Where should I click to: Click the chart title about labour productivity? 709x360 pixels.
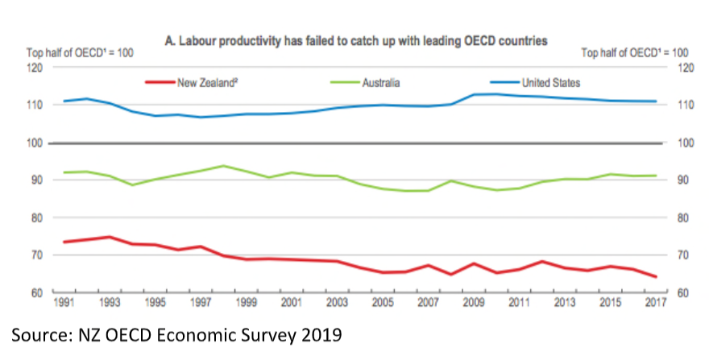(354, 39)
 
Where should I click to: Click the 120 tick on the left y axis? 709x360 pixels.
(34, 68)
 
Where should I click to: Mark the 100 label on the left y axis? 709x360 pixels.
(34, 143)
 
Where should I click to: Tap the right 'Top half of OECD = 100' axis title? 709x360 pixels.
(636, 52)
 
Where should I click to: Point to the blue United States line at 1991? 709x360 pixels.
(63, 101)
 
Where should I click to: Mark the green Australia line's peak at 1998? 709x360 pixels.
(223, 166)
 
